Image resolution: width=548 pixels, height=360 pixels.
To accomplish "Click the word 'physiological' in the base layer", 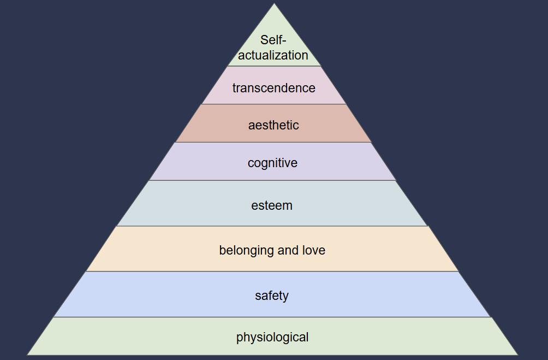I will (272, 338).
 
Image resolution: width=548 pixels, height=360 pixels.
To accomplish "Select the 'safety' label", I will (272, 296).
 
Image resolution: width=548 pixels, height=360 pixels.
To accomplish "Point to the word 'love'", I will (313, 251).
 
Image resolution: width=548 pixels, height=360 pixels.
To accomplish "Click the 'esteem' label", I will (272, 206).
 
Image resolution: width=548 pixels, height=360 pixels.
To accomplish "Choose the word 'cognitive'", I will (272, 163).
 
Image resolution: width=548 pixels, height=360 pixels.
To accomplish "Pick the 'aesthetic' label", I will (273, 125).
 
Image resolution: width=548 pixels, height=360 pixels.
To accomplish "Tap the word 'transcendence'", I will (273, 88).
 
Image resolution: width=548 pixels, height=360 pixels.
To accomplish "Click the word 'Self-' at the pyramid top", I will (273, 40).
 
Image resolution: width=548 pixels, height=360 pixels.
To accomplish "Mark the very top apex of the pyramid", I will (274, 4).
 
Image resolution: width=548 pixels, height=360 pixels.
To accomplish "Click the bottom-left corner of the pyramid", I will (27, 355).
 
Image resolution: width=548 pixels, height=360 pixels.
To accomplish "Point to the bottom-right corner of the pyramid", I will (517, 355).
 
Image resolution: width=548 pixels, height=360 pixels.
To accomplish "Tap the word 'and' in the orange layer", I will (288, 251).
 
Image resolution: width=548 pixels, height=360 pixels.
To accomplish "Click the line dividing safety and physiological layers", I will (272, 317).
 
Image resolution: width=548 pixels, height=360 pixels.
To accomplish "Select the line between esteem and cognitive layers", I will (272, 180).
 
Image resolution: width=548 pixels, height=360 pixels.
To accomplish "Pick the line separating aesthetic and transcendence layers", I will (273, 104).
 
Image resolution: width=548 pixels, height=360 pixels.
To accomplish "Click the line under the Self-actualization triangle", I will (273, 67).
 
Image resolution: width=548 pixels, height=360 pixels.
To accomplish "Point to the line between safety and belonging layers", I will (272, 272).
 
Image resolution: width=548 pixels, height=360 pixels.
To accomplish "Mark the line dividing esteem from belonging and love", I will (272, 226).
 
